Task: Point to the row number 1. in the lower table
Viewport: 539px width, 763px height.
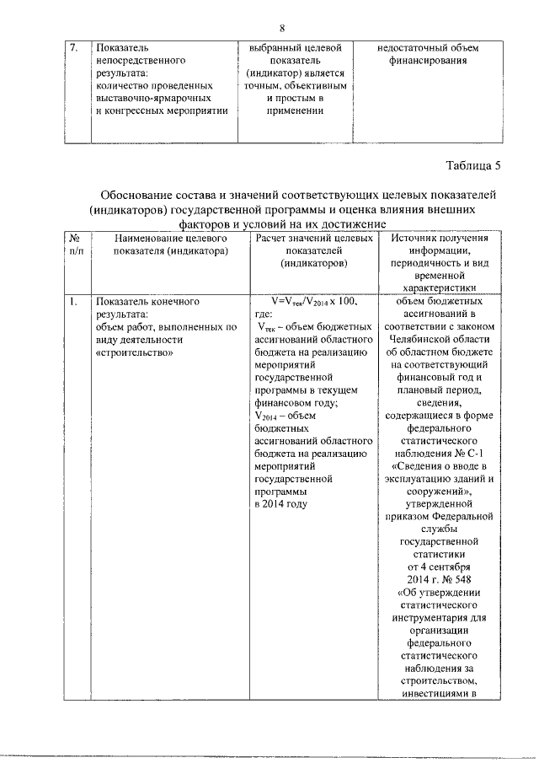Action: click(74, 301)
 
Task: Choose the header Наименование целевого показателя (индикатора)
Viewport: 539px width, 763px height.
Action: click(161, 245)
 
